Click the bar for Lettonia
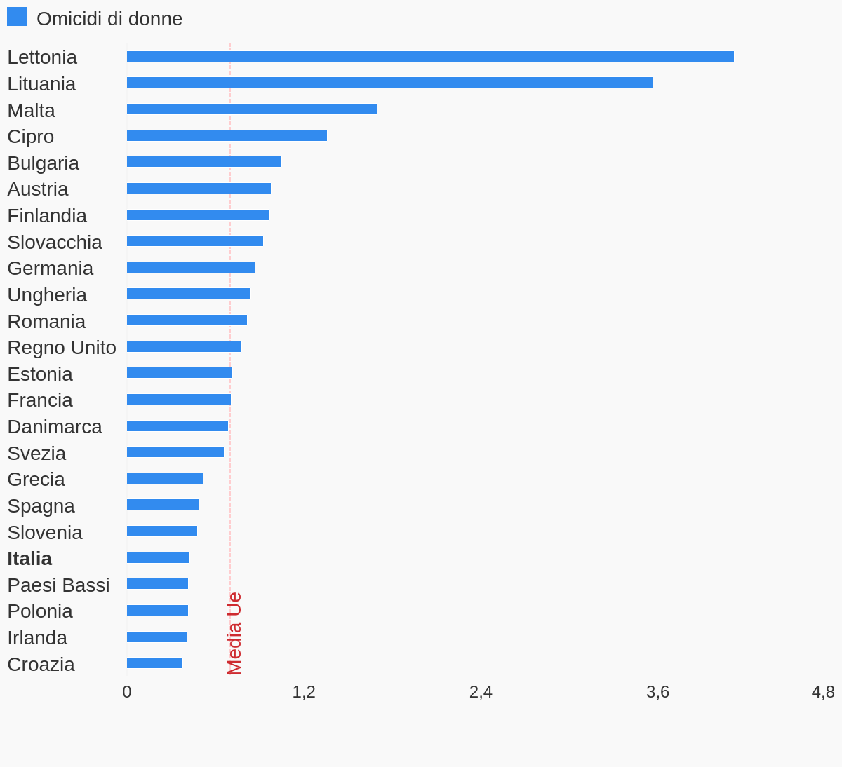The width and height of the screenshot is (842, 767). coord(430,57)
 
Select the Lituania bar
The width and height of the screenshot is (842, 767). coord(389,83)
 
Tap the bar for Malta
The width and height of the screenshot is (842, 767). coord(252,109)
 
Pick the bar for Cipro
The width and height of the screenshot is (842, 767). coord(227,136)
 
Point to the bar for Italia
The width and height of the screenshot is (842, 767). coord(158,558)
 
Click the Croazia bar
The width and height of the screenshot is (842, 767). coord(154,663)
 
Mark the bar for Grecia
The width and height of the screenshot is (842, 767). coord(165,479)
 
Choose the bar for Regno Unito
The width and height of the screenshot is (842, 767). coord(184,347)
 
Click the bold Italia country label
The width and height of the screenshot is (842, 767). coord(29,559)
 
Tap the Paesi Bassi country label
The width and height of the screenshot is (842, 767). coord(58,585)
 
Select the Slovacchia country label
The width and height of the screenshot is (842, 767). coord(55,243)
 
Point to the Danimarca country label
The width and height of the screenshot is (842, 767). coord(55,427)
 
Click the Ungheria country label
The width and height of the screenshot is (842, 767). coord(47,295)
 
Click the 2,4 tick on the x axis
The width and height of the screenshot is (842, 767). coord(481,692)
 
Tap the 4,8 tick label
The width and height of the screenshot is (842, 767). coord(823,692)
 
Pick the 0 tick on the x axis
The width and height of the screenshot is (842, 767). coord(127,692)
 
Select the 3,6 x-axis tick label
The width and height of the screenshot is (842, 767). coord(657,692)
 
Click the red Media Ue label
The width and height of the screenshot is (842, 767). coord(234,633)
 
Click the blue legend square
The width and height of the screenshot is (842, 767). coord(17,17)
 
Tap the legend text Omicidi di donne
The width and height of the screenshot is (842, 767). coord(109,19)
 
